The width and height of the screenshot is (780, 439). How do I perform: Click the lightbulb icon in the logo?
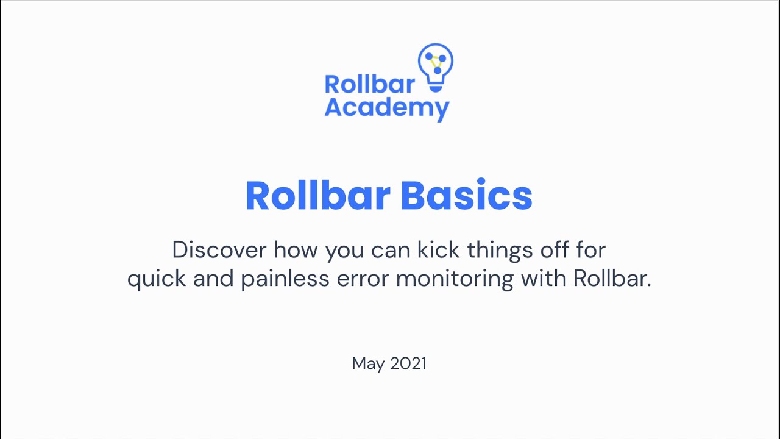click(x=435, y=66)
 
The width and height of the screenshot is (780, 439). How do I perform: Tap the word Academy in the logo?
click(x=387, y=109)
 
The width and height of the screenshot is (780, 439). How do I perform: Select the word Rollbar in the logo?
click(x=369, y=85)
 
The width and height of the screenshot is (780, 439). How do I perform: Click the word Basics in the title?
click(x=466, y=196)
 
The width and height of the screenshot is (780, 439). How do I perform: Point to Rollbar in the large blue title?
click(x=317, y=196)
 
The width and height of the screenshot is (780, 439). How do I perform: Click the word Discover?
click(x=219, y=249)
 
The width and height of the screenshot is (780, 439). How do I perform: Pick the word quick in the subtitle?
click(x=157, y=279)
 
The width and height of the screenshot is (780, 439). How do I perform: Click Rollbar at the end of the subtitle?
click(x=612, y=279)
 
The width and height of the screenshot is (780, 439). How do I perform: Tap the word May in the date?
click(x=368, y=364)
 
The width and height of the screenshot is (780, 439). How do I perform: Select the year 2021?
click(x=408, y=363)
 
